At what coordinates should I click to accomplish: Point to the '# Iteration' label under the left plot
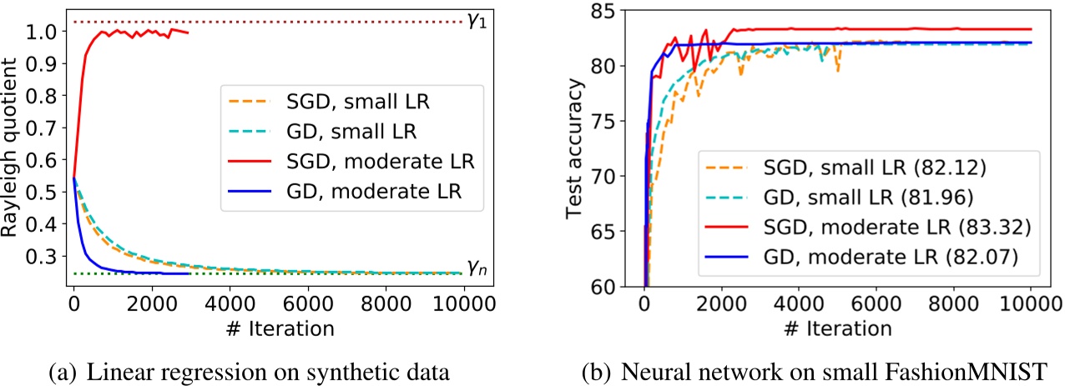pyautogui.click(x=267, y=328)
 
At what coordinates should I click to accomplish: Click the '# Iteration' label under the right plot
pyautogui.click(x=836, y=328)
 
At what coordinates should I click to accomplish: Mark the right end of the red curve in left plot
pyautogui.click(x=189, y=33)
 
